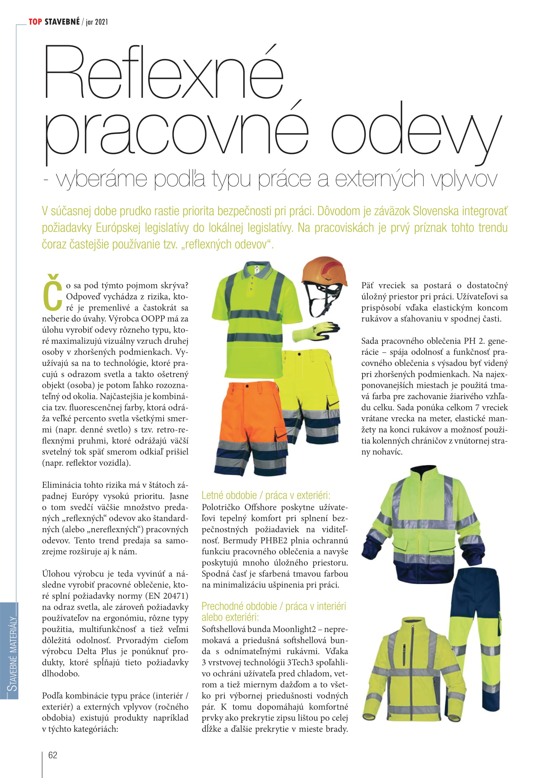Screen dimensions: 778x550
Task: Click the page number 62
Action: pyautogui.click(x=53, y=755)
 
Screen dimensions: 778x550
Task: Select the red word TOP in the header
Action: pyautogui.click(x=35, y=22)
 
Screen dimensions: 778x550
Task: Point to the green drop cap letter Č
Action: pyautogui.click(x=53, y=293)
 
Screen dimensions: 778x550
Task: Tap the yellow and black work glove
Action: pyautogui.click(x=316, y=331)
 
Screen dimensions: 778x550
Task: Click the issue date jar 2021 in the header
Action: pyautogui.click(x=97, y=22)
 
